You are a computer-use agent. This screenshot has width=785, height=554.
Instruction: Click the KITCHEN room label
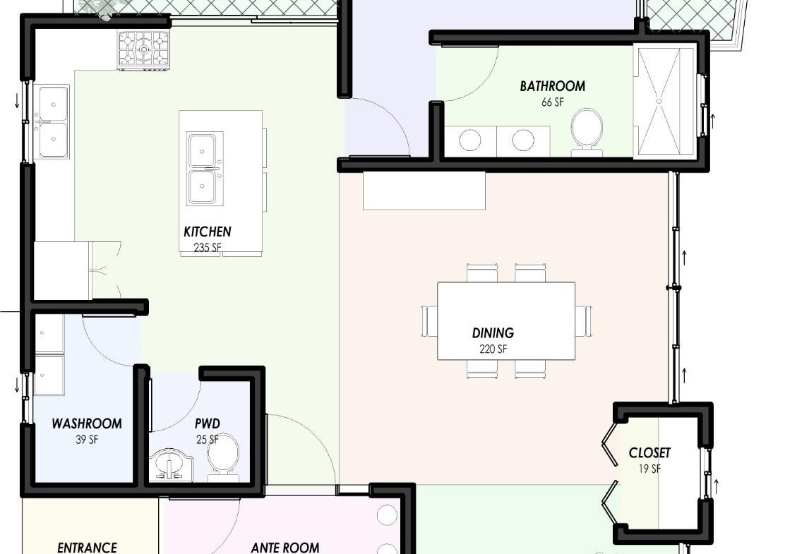208,231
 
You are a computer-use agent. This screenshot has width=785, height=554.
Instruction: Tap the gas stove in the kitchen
144,49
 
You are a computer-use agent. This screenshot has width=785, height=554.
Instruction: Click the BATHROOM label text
552,86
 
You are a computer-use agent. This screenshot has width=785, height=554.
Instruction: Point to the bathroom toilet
586,128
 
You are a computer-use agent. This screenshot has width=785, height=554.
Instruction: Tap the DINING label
493,333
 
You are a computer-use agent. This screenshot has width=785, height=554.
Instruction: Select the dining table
506,321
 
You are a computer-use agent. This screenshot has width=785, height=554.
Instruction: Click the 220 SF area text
493,349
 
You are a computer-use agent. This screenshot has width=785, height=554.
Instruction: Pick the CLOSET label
649,453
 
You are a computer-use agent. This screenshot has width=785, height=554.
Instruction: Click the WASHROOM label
87,424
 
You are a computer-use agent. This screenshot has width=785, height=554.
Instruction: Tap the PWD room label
208,424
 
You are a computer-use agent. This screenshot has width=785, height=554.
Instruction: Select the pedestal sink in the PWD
171,465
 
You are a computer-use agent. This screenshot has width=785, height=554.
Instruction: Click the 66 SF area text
552,102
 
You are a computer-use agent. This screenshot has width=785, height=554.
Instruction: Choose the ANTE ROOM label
285,548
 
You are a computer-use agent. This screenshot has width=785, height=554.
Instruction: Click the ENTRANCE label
87,548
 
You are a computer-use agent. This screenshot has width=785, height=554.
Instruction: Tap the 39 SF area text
87,440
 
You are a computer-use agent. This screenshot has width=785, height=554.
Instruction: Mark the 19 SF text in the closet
649,469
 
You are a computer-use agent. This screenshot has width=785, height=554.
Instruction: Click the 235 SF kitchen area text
208,248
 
